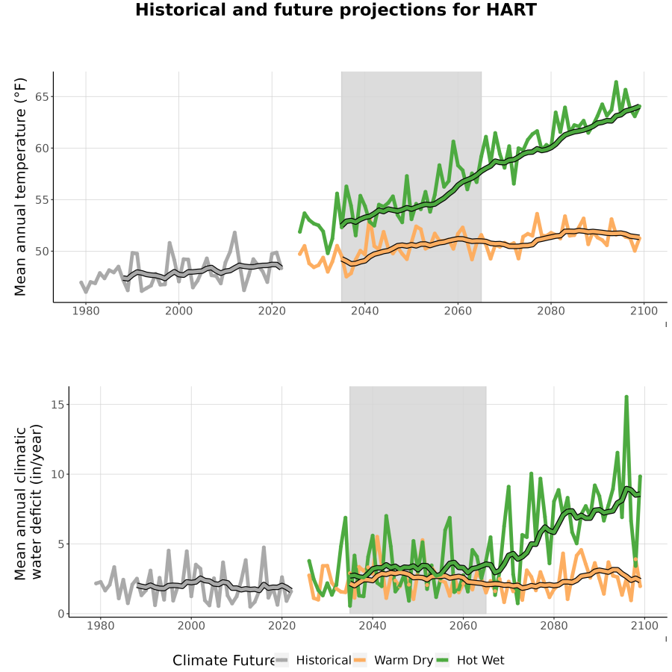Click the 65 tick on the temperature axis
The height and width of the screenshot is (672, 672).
click(x=42, y=97)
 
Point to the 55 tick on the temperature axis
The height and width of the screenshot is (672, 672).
click(x=42, y=200)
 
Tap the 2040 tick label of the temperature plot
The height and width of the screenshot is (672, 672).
click(x=364, y=311)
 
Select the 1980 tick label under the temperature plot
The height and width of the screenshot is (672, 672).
click(x=86, y=311)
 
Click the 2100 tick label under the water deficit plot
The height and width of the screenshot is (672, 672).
click(x=644, y=626)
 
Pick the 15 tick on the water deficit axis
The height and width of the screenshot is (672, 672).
click(x=57, y=405)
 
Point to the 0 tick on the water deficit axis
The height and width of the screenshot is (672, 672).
click(x=61, y=615)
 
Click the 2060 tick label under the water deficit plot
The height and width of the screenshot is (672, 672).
click(x=463, y=626)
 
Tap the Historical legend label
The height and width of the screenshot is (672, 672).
click(x=323, y=661)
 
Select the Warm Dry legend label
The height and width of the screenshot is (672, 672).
click(x=404, y=661)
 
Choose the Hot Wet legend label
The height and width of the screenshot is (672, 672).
click(x=481, y=661)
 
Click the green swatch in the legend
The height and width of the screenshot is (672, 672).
click(x=442, y=661)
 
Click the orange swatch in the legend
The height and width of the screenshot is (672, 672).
click(x=360, y=661)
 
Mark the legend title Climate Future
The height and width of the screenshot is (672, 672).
click(x=224, y=661)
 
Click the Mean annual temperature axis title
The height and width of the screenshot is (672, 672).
click(x=20, y=187)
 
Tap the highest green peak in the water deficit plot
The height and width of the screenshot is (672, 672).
click(x=626, y=397)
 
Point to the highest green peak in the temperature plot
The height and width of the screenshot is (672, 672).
click(x=616, y=81)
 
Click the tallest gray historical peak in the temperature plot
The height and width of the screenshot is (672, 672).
click(x=234, y=232)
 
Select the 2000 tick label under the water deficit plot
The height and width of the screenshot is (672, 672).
click(x=191, y=626)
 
